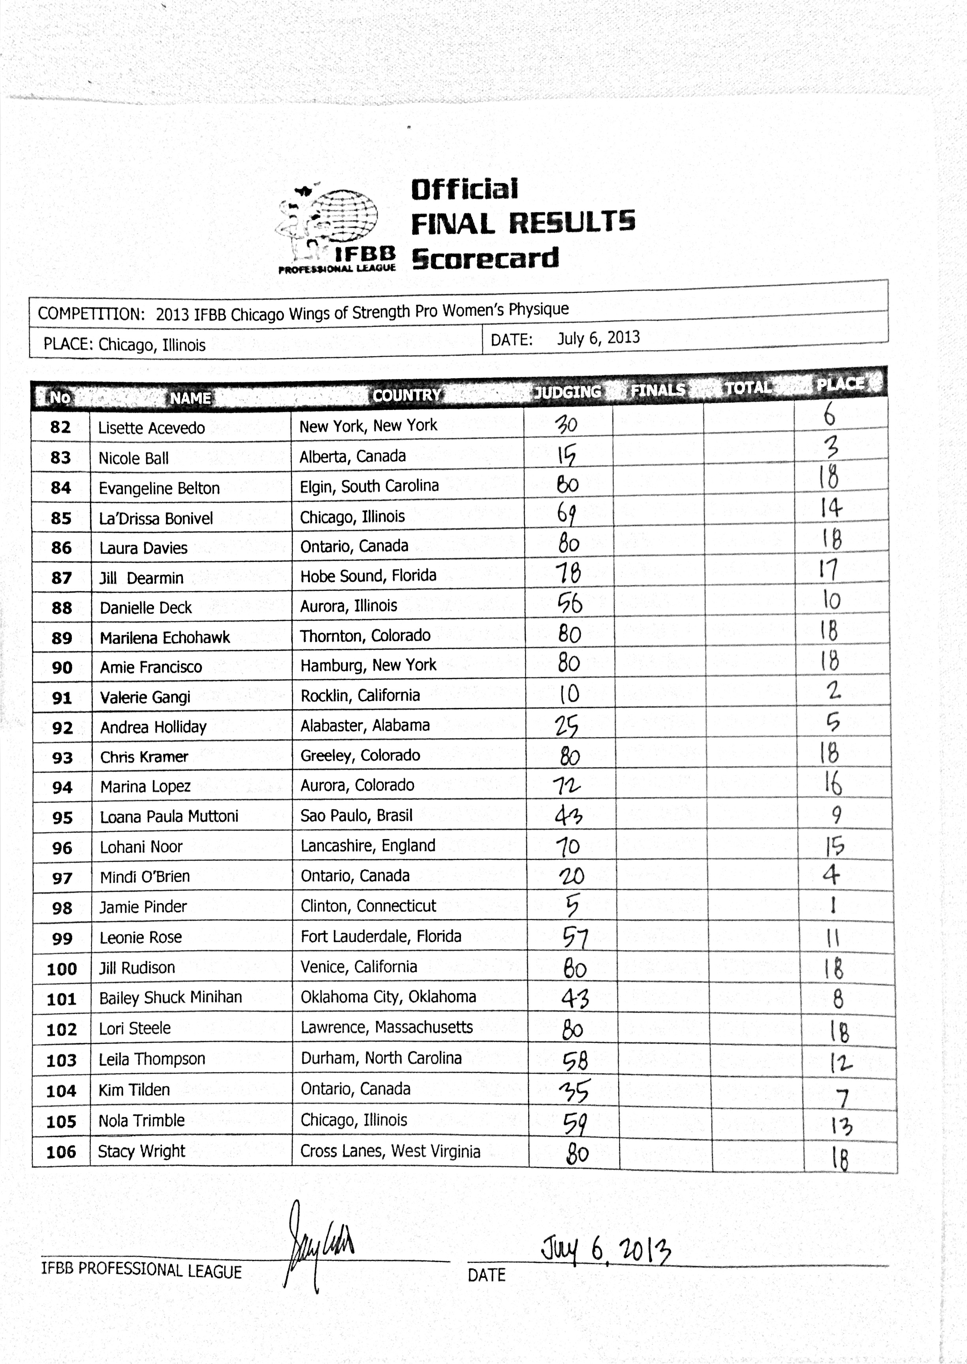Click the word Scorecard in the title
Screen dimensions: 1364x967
coord(485,258)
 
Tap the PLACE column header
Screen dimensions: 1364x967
coord(839,384)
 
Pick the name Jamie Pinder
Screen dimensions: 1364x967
coord(143,907)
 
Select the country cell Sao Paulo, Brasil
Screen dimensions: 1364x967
coord(356,815)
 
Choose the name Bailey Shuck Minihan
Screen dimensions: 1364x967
coord(170,997)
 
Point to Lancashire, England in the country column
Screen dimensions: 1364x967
coord(367,845)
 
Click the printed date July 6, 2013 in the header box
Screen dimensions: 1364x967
coord(598,338)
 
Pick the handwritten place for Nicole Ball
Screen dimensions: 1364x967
coord(831,447)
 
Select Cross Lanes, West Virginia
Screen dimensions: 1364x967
coord(390,1151)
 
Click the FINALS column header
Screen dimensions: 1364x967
coord(658,390)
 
